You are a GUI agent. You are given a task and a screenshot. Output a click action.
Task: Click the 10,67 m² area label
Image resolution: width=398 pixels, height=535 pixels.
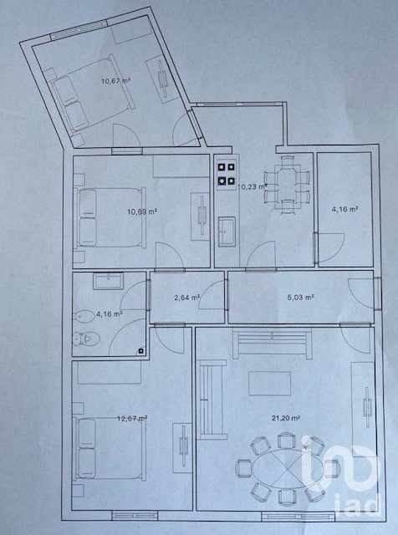116,81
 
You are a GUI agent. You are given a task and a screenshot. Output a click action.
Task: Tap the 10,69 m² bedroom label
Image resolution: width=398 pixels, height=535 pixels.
142,211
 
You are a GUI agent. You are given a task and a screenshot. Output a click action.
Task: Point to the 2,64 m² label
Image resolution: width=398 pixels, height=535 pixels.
187,298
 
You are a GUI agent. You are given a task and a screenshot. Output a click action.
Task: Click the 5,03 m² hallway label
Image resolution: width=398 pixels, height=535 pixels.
301,298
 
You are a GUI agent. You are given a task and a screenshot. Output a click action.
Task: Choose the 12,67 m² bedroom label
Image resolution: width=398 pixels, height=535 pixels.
132,418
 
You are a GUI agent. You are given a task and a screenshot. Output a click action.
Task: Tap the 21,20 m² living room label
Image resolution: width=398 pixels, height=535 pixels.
286,418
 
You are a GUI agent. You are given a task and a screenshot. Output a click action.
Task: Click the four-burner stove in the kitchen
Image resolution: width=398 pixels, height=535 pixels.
227,174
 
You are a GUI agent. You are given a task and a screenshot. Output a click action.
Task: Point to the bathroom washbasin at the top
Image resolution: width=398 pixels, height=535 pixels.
108,281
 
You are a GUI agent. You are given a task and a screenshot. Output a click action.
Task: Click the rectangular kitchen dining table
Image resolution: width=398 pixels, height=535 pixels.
288,182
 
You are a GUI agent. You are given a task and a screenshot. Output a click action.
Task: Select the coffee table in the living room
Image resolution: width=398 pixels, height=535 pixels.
270,384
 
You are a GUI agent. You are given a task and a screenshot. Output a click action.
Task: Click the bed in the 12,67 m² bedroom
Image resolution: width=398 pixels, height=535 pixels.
110,448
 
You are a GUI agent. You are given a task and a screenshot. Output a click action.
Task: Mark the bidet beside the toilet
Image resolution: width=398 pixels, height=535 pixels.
84,317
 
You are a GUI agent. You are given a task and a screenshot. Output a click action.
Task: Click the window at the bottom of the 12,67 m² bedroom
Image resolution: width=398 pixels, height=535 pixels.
135,515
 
